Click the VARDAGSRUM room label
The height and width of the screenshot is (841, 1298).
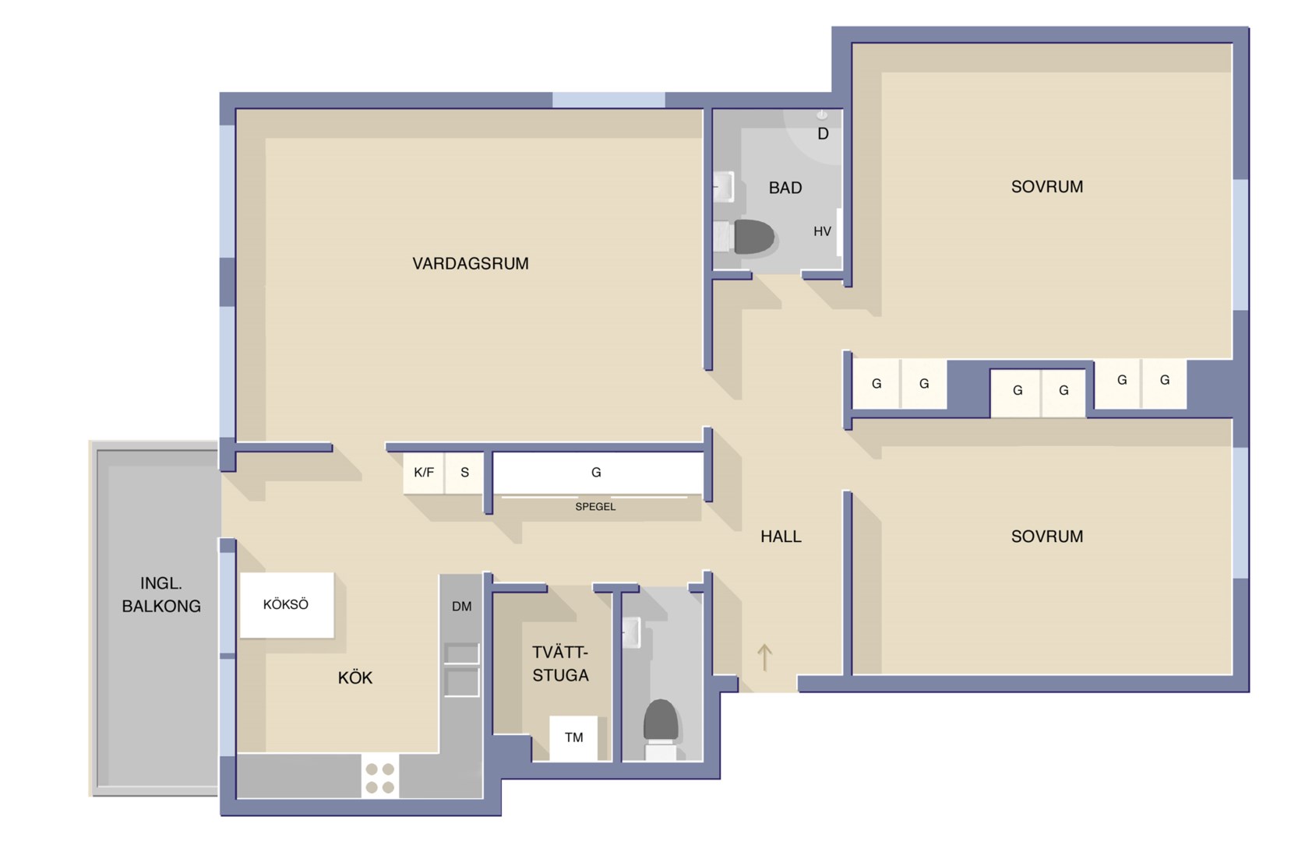(x=470, y=263)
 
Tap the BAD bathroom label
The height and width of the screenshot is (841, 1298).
(x=785, y=188)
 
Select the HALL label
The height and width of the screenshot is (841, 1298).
(x=781, y=537)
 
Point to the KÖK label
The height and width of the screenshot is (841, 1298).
(x=354, y=677)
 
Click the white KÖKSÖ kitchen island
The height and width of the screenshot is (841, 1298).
(x=287, y=605)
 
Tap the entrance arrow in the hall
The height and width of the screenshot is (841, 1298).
(x=764, y=657)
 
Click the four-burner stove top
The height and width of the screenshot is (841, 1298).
(x=380, y=778)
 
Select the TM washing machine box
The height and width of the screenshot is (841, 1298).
(x=573, y=738)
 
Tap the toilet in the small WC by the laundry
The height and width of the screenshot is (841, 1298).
(x=661, y=729)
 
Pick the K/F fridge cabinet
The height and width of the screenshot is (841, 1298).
(x=424, y=473)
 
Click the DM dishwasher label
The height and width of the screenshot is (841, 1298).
(x=461, y=607)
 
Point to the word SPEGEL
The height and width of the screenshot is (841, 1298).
(x=595, y=507)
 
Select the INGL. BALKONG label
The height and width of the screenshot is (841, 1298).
(x=161, y=594)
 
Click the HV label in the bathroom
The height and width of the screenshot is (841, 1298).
(x=822, y=232)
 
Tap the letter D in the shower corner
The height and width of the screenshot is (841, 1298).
(x=823, y=135)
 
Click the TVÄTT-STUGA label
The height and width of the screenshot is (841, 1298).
(x=560, y=663)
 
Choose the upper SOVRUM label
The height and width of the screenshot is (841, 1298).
(x=1046, y=187)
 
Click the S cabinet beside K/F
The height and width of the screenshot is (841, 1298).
(x=464, y=473)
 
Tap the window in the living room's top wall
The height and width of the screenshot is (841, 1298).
(x=608, y=100)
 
